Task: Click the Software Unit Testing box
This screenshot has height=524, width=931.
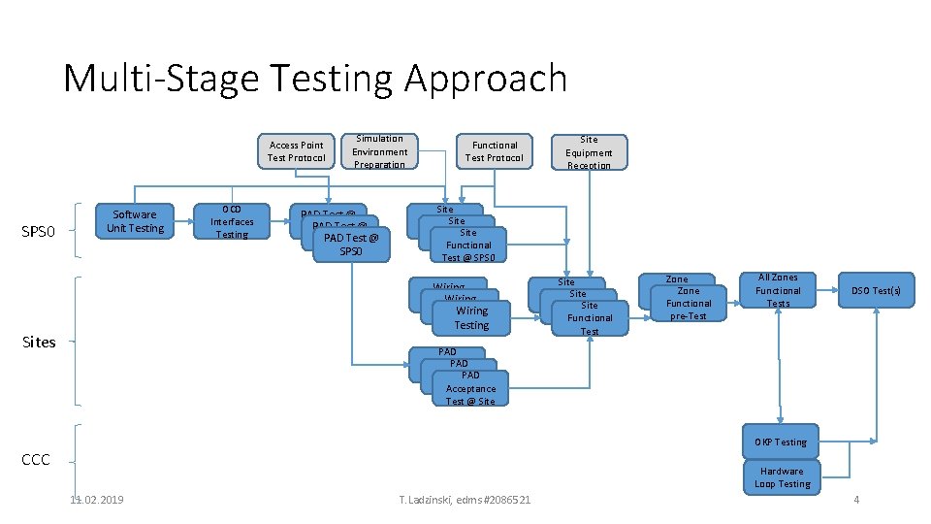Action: [135, 221]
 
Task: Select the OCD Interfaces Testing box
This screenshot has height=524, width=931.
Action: [232, 221]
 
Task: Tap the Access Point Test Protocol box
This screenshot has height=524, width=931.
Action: [296, 151]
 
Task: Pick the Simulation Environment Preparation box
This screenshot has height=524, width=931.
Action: [379, 151]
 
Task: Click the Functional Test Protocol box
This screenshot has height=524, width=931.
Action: [494, 151]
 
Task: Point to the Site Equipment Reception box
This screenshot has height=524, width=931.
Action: [589, 152]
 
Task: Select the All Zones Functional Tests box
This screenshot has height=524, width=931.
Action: [778, 290]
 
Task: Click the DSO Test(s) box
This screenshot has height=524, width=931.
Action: [876, 291]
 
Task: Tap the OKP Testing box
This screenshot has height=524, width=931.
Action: [782, 442]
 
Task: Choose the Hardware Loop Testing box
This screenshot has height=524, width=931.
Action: [782, 477]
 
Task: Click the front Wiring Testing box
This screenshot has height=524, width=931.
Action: [472, 318]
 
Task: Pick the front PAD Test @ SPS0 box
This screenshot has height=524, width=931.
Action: [350, 245]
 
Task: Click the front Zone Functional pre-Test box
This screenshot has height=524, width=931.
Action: [689, 304]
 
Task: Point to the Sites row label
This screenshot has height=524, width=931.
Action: [39, 342]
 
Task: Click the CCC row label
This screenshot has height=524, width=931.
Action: [35, 459]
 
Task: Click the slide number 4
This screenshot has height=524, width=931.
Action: [856, 499]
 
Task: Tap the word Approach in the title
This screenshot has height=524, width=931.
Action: [485, 79]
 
